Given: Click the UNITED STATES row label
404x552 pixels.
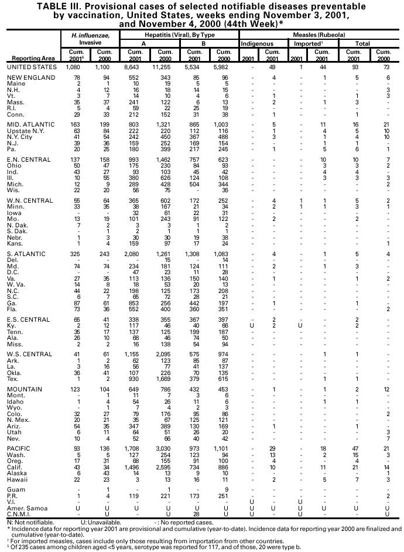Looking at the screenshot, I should click(32, 67).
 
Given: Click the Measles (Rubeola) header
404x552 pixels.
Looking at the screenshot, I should click(320, 35).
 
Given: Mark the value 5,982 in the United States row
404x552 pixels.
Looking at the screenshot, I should click(224, 67).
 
